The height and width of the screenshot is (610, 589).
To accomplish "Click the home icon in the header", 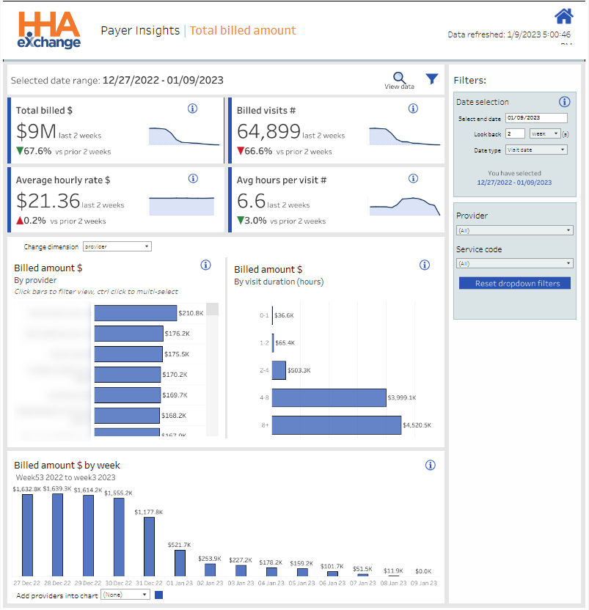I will [563, 16].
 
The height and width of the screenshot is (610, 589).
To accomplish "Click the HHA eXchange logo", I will [49, 30].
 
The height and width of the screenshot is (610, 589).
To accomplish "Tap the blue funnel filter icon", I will [432, 78].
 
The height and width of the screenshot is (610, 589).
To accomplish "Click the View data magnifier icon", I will [399, 78].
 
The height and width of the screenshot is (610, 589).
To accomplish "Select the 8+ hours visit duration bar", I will [337, 425].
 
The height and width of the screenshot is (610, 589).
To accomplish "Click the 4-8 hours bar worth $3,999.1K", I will [329, 397].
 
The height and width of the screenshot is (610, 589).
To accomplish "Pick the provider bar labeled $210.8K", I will [136, 313].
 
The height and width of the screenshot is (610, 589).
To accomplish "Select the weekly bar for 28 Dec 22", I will [58, 534].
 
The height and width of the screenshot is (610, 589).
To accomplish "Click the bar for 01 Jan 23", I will [180, 563].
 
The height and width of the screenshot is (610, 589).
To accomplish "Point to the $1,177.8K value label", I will [149, 512].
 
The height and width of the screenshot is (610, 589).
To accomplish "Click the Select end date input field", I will [537, 117].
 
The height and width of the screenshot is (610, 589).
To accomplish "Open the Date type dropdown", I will [537, 150].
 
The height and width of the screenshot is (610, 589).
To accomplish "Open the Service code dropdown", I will [514, 263].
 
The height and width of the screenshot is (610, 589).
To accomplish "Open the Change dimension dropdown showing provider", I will [117, 247].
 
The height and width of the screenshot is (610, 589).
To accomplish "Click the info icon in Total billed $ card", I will [193, 109].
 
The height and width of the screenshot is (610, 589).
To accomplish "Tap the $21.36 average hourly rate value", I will [48, 201].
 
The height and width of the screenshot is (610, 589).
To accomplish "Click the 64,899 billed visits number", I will [268, 131].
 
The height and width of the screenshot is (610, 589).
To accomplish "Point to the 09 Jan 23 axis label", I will [423, 583].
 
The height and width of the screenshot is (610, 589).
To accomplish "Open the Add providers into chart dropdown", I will [125, 595].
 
